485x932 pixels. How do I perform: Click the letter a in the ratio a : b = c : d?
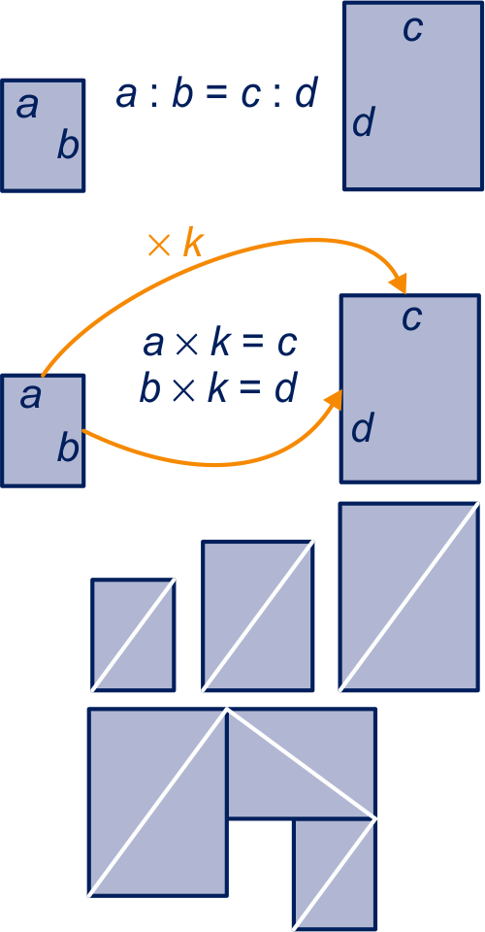coord(126,96)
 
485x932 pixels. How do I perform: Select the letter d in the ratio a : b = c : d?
coord(306,94)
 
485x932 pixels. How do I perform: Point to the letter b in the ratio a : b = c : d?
coord(182,94)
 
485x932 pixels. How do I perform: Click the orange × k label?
coord(176,245)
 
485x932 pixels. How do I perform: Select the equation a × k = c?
coord(219,344)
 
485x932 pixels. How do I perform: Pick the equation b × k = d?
coord(217,389)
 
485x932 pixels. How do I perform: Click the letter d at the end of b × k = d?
coord(285,389)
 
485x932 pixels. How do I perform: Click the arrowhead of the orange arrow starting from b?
coord(335,399)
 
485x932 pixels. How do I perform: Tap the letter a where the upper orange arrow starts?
coord(30,397)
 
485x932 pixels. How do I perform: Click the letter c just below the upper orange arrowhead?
coord(412,319)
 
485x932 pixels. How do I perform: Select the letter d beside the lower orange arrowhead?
coord(363,428)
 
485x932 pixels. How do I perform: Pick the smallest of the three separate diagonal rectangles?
coord(133,634)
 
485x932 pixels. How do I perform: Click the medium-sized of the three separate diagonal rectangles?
coord(258,616)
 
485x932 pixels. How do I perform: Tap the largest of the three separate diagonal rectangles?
coord(409,596)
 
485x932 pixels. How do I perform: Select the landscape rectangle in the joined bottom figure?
coord(302,763)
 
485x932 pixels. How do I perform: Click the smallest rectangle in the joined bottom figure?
coord(335,875)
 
